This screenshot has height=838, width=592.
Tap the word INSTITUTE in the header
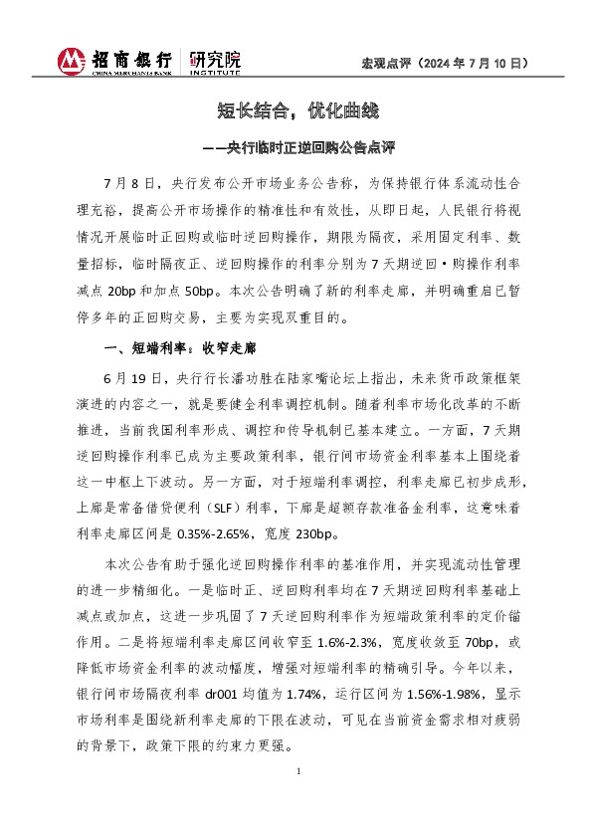click(x=214, y=73)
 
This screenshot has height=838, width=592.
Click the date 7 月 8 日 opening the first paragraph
click(x=129, y=185)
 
